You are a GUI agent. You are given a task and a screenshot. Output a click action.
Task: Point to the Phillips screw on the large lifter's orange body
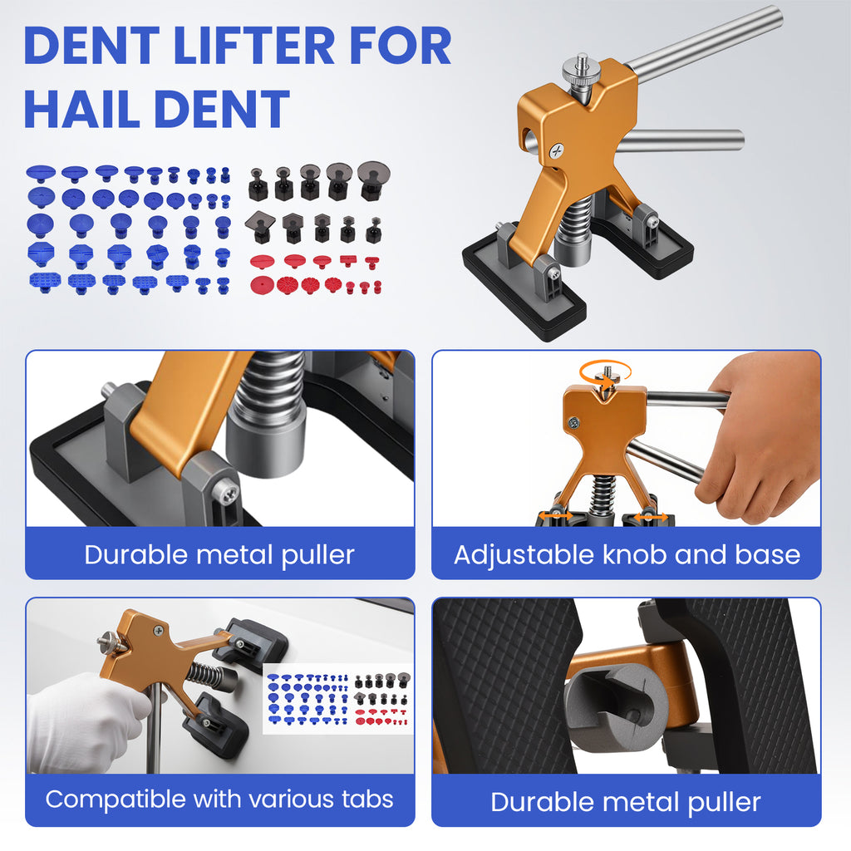point(557,151)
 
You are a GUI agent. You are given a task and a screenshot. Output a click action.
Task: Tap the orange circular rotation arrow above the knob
point(605,373)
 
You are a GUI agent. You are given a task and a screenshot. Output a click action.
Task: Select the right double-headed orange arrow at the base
point(650,517)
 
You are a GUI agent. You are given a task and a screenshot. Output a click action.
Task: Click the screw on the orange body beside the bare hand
point(573,422)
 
